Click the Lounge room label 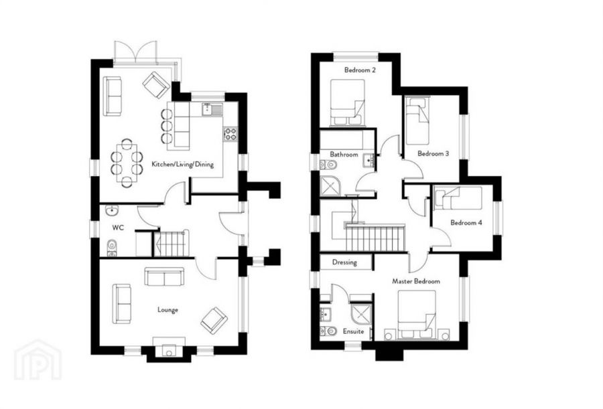point(167,310)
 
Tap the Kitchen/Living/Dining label point(182,164)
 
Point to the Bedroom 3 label point(433,154)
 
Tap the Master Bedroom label point(416,282)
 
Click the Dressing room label point(344,262)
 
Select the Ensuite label point(353,331)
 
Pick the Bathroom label point(343,155)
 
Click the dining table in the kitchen point(126,161)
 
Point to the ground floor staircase point(172,244)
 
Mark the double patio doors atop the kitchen point(135,52)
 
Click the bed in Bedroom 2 point(347,102)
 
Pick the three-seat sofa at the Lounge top point(165,275)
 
